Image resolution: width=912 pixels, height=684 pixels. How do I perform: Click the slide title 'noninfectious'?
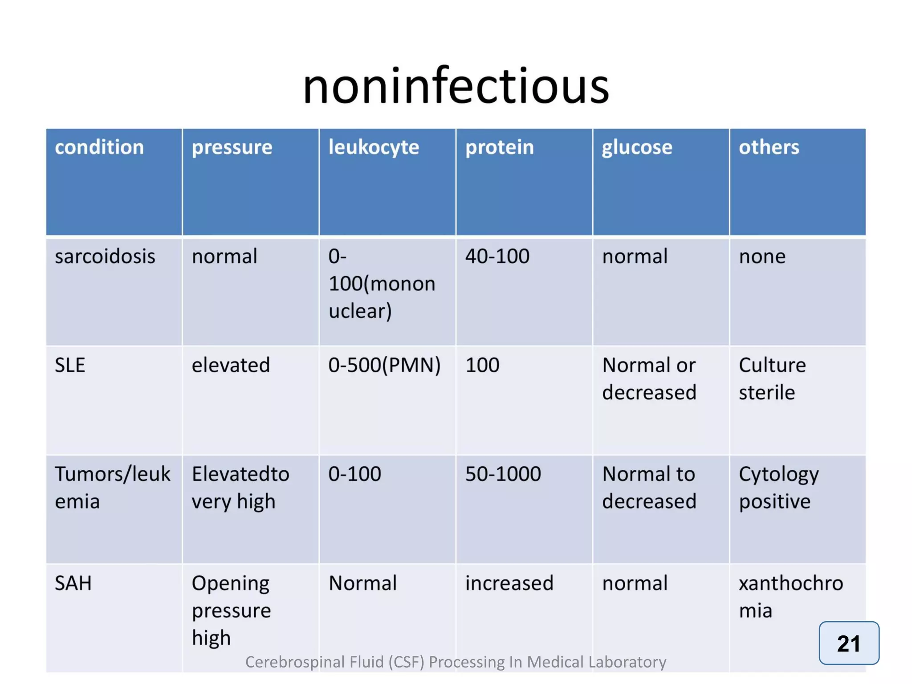click(x=456, y=85)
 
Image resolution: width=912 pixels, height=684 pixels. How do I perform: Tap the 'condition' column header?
click(x=99, y=147)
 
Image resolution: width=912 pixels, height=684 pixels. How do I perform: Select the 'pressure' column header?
click(x=232, y=147)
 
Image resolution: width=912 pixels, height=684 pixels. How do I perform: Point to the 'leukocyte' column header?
click(x=374, y=147)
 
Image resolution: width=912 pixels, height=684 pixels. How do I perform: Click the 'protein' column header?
click(x=499, y=147)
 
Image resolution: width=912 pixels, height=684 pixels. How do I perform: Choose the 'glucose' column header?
click(x=637, y=147)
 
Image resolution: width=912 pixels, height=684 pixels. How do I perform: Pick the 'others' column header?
click(x=769, y=147)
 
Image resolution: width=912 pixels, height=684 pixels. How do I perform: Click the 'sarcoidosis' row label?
click(x=105, y=256)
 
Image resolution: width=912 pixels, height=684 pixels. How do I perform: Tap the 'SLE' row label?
click(x=70, y=365)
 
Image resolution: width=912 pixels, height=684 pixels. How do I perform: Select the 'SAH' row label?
click(x=73, y=583)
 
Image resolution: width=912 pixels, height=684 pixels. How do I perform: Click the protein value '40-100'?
click(x=497, y=256)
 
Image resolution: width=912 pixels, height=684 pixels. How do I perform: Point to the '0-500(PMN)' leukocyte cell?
click(x=384, y=365)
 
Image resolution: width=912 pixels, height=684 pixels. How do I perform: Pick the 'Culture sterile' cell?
click(x=772, y=379)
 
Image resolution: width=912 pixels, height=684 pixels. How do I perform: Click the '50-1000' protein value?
click(x=503, y=474)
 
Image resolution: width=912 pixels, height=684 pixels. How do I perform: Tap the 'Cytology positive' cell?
click(x=778, y=488)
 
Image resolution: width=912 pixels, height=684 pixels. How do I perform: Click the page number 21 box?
click(x=848, y=643)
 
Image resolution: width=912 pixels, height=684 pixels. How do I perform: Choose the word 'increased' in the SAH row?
click(x=509, y=583)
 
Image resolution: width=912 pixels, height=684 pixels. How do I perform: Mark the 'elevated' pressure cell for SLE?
click(x=231, y=365)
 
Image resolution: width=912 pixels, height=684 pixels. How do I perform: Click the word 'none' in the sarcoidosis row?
click(x=762, y=256)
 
